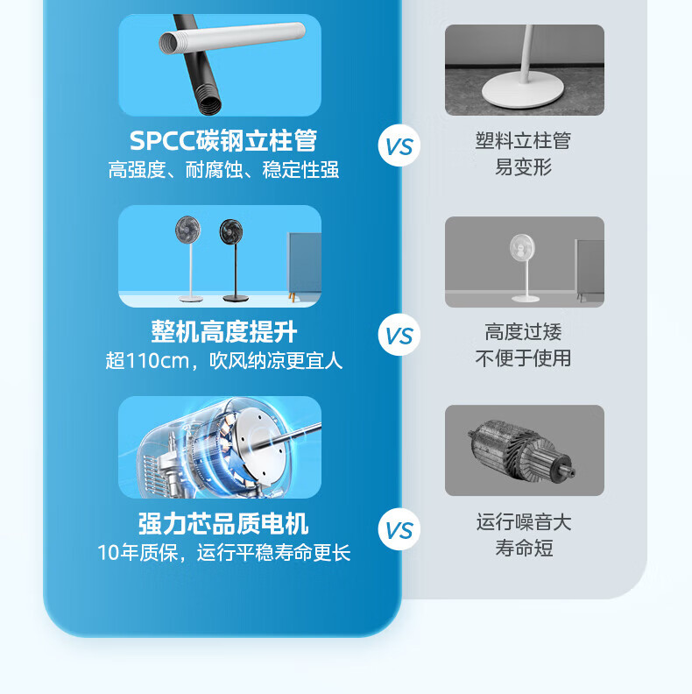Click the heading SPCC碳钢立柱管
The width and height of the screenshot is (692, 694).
[223, 141]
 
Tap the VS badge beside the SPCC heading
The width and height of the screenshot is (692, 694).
[399, 145]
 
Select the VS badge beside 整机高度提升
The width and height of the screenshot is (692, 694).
[399, 335]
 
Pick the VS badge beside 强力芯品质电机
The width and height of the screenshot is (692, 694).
[399, 529]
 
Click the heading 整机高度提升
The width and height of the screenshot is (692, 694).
[224, 331]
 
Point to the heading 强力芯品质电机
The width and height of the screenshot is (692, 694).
[223, 524]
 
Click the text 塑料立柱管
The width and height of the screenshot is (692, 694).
[524, 141]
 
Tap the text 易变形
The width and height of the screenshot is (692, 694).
[524, 167]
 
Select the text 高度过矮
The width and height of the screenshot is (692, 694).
[524, 332]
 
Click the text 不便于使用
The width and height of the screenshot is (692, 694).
[524, 358]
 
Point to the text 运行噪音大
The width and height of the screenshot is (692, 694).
[524, 522]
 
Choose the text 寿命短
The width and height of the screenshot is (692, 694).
[524, 549]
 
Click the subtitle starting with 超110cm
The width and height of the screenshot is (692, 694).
[224, 361]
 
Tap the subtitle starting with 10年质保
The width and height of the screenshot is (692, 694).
[224, 552]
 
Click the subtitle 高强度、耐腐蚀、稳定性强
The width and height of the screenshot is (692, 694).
[224, 169]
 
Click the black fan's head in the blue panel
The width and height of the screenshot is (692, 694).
[231, 231]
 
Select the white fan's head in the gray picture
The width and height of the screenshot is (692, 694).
[522, 247]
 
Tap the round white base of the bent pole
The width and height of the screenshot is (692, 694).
[523, 90]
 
